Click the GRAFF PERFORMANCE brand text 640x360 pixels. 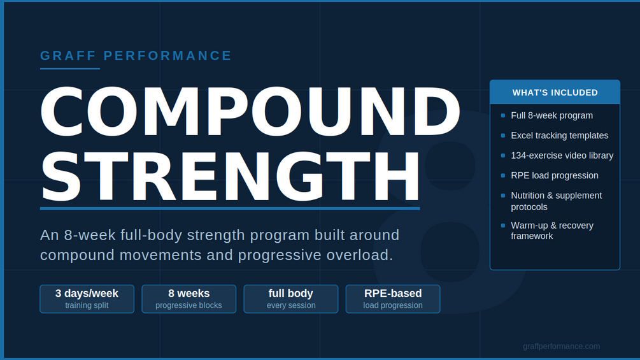(136, 55)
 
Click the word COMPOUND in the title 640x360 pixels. (251, 112)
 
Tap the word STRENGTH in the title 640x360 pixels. (230, 176)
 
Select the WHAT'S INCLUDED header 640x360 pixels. (555, 92)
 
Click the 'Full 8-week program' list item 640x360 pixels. (552, 115)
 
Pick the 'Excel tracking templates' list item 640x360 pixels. (560, 136)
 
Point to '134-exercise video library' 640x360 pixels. (562, 155)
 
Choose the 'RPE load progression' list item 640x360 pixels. (555, 175)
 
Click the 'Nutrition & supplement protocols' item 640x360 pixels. (557, 201)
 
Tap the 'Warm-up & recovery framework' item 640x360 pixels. (552, 231)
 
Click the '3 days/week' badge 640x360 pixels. (87, 299)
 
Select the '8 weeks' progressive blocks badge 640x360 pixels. (189, 299)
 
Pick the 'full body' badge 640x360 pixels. (291, 299)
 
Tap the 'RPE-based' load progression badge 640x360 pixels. (393, 299)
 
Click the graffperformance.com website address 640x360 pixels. (561, 347)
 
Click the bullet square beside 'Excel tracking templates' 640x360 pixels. (503, 136)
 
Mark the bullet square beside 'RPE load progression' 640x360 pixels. (503, 175)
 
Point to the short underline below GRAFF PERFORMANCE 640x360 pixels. (70, 69)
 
